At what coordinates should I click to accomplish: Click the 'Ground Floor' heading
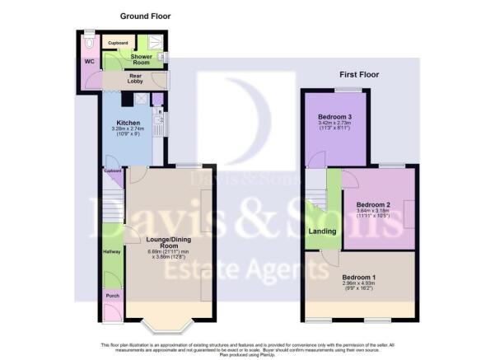coord(145,16)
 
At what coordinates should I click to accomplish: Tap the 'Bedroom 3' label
coord(335,116)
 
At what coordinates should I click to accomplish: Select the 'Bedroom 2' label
coord(373,203)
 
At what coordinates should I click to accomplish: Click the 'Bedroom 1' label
coord(358,277)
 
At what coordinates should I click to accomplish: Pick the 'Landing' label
coord(322,231)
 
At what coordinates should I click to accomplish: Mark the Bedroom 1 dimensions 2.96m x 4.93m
coord(358,288)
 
